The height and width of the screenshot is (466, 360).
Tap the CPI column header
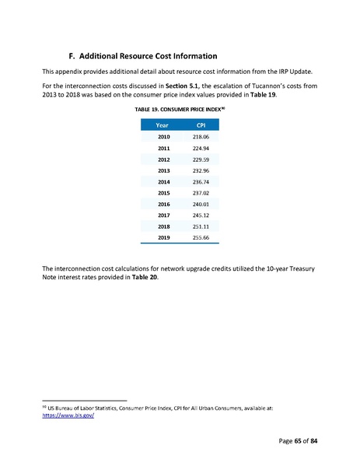tap(201, 124)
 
